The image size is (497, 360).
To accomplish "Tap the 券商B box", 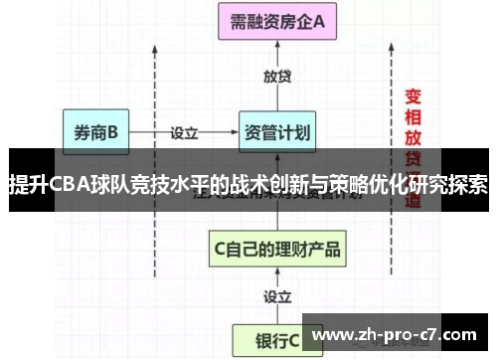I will (95, 131).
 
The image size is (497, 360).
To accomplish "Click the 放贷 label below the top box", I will (276, 76).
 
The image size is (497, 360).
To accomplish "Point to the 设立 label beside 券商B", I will (185, 130).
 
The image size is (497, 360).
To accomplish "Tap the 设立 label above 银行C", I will (276, 295).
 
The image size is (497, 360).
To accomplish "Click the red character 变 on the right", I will (414, 96).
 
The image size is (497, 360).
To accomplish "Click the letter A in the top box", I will (319, 22).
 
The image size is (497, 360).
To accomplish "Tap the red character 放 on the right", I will (414, 136).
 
